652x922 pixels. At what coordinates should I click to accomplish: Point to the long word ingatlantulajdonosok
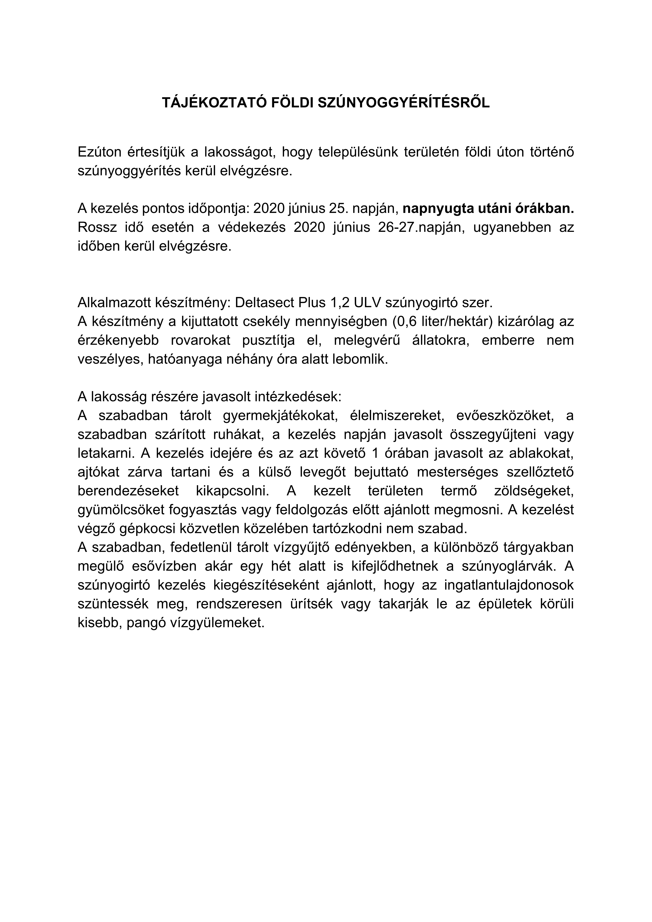tap(509, 585)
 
